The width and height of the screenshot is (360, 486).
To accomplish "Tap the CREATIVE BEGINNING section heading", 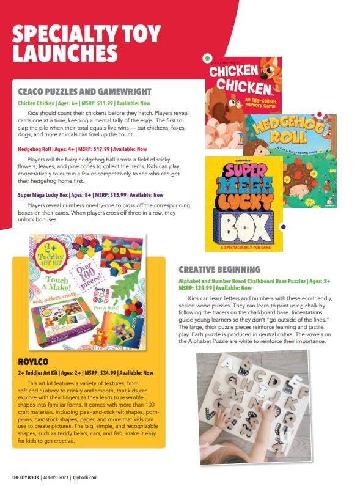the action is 219,269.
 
